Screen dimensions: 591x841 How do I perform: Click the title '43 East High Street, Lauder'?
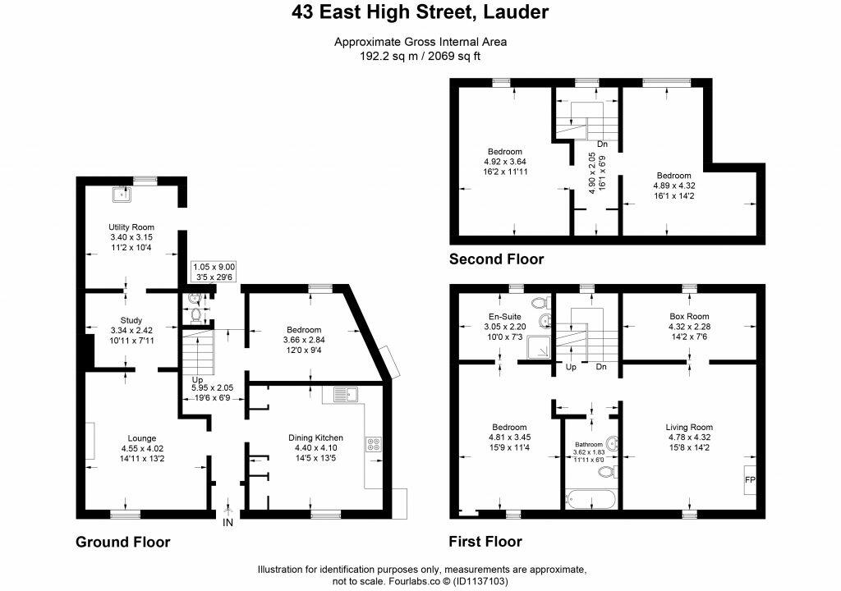(x=420, y=12)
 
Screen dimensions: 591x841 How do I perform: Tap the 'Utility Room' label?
(x=131, y=227)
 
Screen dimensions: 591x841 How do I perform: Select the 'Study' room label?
(x=131, y=321)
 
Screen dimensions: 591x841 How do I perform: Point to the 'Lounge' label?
(x=141, y=438)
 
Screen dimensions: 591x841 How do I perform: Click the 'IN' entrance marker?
(x=227, y=521)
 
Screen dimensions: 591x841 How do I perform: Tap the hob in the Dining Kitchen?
(x=373, y=444)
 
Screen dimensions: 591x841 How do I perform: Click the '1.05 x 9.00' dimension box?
(x=214, y=267)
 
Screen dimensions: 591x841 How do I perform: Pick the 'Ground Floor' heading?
(x=123, y=542)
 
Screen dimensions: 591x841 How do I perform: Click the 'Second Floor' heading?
(x=496, y=259)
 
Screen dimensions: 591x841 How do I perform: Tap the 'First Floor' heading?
(x=485, y=542)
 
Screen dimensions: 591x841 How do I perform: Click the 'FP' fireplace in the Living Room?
(x=749, y=479)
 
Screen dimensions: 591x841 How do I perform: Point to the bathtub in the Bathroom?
(x=591, y=498)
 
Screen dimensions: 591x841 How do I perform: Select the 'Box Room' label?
(x=690, y=316)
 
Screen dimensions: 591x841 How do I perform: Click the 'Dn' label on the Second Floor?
(x=602, y=144)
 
